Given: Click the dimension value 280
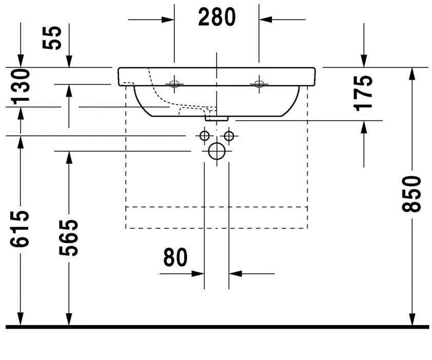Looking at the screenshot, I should pyautogui.click(x=217, y=17).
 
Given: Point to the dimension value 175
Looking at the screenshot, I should pyautogui.click(x=364, y=92).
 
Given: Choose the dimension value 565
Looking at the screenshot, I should pyautogui.click(x=69, y=237).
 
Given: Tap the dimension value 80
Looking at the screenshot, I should pyautogui.click(x=175, y=257).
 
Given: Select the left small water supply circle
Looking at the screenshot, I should pyautogui.click(x=204, y=136).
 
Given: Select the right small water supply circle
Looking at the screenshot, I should pyautogui.click(x=229, y=136).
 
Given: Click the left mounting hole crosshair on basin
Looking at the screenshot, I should pyautogui.click(x=175, y=84).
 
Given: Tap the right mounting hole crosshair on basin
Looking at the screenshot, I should pyautogui.click(x=259, y=84).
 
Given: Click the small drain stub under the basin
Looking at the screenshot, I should pyautogui.click(x=217, y=118).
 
